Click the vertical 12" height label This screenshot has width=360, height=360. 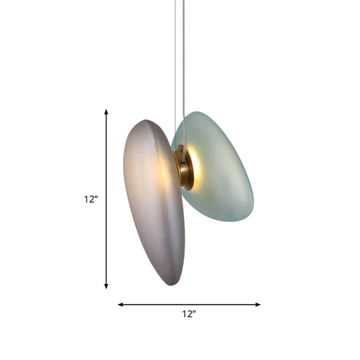coord(91,199)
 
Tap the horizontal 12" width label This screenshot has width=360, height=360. coord(189,314)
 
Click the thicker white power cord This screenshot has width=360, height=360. coord(181,67)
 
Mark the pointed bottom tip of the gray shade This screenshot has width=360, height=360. coord(171,284)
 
